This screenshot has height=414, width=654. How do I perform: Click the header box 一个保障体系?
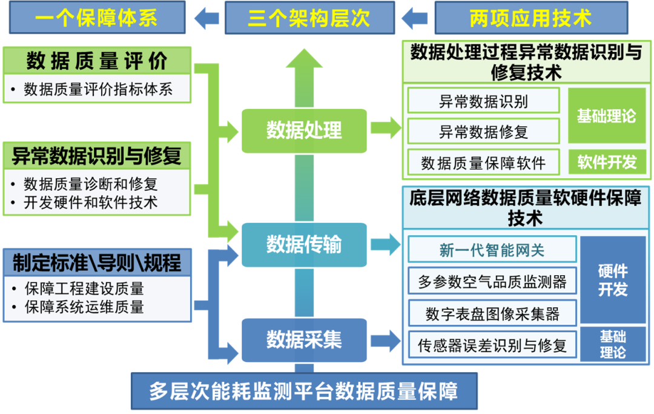(97, 18)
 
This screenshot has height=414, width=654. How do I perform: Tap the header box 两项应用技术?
(530, 18)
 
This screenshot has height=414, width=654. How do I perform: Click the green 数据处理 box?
(304, 130)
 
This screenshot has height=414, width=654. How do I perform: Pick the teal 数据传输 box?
(304, 244)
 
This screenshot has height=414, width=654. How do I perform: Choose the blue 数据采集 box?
(304, 339)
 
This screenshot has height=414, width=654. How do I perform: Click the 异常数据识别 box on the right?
(483, 101)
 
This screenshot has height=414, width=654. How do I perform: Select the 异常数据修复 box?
(483, 131)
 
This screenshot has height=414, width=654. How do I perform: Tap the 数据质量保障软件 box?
(483, 162)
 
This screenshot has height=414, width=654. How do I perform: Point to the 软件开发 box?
(607, 162)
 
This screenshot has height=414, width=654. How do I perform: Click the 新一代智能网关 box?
(492, 249)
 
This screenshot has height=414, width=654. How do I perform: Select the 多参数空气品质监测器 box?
(492, 281)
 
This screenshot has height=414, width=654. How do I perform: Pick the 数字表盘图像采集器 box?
(492, 313)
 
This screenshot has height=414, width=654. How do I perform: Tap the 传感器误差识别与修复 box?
(492, 346)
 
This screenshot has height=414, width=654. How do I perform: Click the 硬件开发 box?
(612, 280)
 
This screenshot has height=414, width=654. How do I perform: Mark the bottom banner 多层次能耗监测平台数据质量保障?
(304, 391)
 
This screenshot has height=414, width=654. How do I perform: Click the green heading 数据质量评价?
(97, 61)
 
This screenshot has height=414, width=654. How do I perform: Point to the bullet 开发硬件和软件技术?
(91, 202)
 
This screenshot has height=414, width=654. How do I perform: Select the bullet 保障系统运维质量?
(84, 307)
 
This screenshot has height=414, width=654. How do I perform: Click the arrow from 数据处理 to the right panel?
(386, 127)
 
